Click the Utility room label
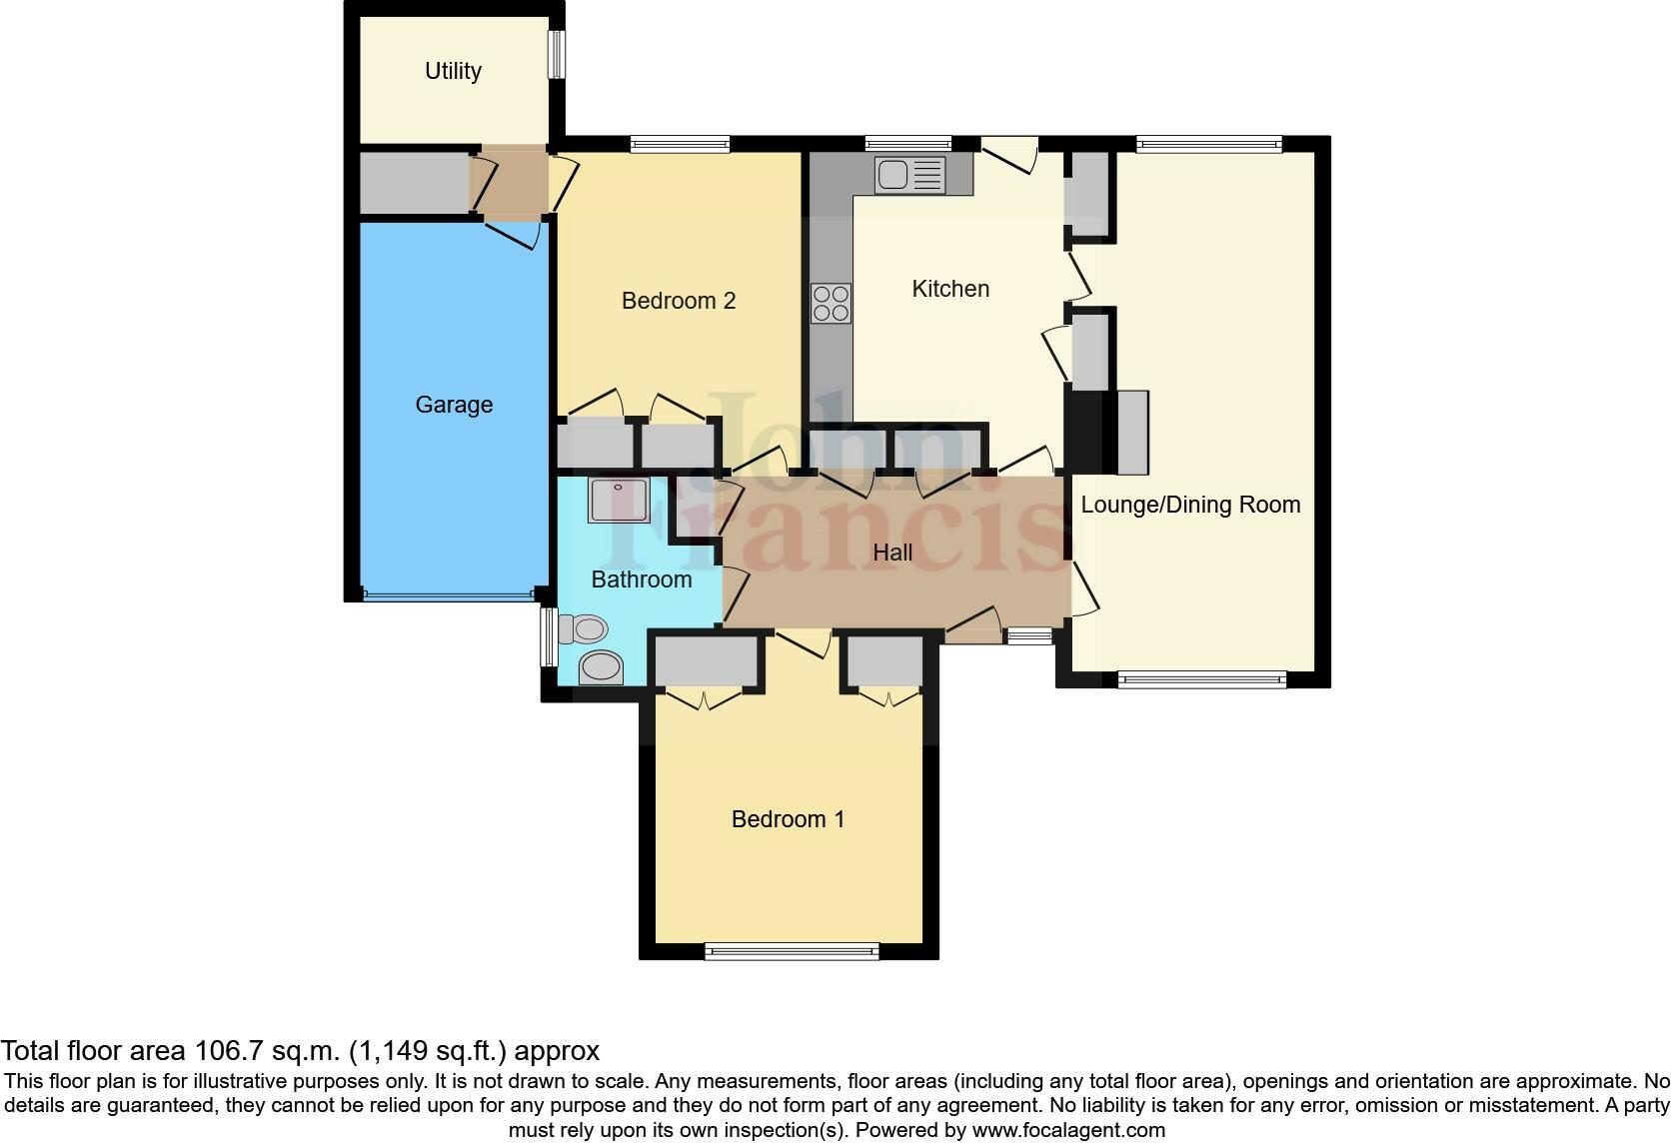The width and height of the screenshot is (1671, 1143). point(453,71)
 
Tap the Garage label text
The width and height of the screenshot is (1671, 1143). point(454,405)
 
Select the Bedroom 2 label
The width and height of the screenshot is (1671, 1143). point(679,301)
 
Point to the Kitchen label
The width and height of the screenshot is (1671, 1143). point(950,289)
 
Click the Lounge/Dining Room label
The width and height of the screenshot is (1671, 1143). point(1190,505)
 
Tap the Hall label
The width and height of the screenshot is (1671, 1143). point(892,553)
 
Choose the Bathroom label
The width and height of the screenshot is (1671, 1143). point(642,579)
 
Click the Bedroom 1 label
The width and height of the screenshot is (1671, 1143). point(788,819)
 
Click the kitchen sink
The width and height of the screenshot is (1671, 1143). point(910,175)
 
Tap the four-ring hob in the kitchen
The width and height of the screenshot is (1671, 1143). point(832,304)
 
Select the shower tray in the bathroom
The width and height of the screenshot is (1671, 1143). point(620,501)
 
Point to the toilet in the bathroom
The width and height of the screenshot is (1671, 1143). point(583,629)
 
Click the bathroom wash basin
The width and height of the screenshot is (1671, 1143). point(602,666)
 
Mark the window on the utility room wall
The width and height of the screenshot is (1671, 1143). point(557,54)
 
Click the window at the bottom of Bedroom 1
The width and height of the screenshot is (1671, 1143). point(792,950)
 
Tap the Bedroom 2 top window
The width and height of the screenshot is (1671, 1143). point(680,144)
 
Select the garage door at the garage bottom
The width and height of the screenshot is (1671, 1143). point(449,595)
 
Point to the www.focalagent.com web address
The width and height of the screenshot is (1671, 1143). point(1069,1130)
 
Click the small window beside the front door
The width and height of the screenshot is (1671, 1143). point(1028,636)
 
